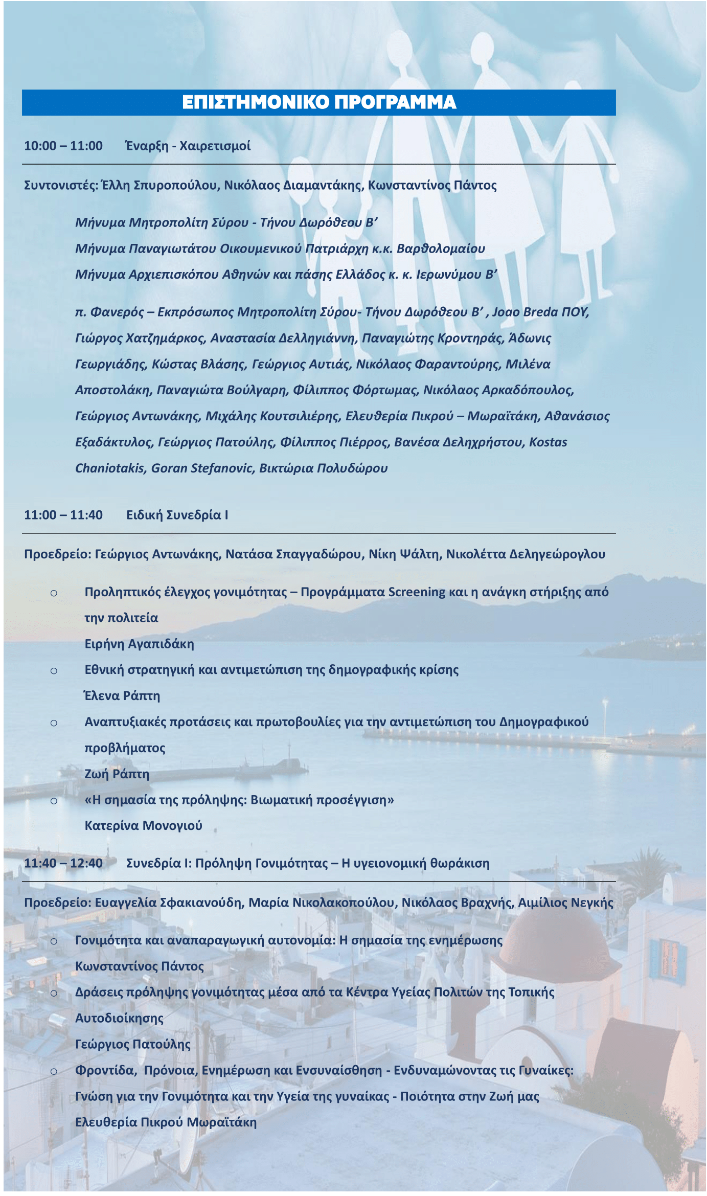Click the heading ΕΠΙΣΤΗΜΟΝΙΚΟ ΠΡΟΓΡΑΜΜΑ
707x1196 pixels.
[x=319, y=102]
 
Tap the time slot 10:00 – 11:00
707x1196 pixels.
[x=63, y=146]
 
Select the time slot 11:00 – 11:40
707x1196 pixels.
[x=63, y=515]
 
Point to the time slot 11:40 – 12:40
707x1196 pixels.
[x=63, y=863]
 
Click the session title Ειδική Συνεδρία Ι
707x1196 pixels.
[x=177, y=515]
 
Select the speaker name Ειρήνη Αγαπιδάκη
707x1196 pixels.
[x=139, y=644]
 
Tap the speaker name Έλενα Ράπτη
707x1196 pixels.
[x=122, y=696]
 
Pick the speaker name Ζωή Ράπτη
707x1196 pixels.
[x=117, y=774]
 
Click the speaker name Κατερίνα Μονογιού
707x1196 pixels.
[x=143, y=826]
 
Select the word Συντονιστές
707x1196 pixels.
[x=60, y=185]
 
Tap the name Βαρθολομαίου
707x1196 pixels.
[x=441, y=249]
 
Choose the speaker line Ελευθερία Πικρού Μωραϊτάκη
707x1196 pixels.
[x=166, y=1122]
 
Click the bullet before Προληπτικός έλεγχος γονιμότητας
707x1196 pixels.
[x=54, y=593]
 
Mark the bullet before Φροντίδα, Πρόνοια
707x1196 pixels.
[x=54, y=1071]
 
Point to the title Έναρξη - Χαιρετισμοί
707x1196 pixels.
[x=188, y=146]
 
